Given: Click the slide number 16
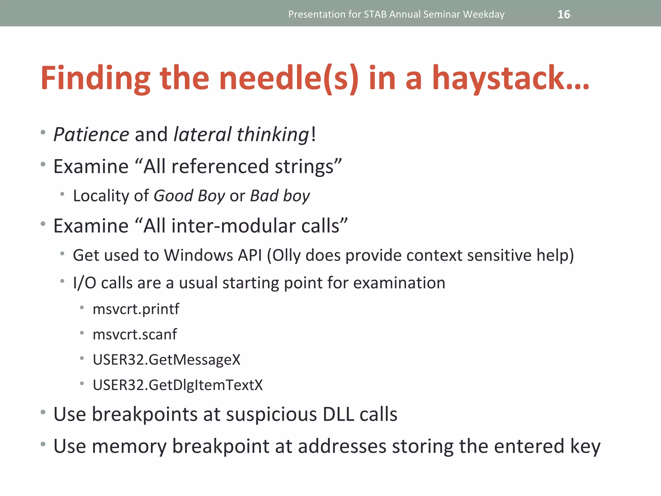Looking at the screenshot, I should click(564, 15).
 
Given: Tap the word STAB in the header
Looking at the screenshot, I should click(375, 15).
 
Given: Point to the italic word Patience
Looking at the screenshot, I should click(91, 134).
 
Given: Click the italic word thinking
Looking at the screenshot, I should click(273, 134).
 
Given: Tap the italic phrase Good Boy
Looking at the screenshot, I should click(189, 196).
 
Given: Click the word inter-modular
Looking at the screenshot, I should click(233, 226).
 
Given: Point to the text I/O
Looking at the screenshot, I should click(85, 283).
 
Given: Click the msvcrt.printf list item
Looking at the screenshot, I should click(136, 309).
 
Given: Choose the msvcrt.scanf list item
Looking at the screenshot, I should click(135, 335).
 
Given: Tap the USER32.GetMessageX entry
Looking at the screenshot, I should click(167, 360).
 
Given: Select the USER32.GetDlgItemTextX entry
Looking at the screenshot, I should click(178, 385).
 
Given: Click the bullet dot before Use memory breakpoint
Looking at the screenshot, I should click(43, 444).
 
